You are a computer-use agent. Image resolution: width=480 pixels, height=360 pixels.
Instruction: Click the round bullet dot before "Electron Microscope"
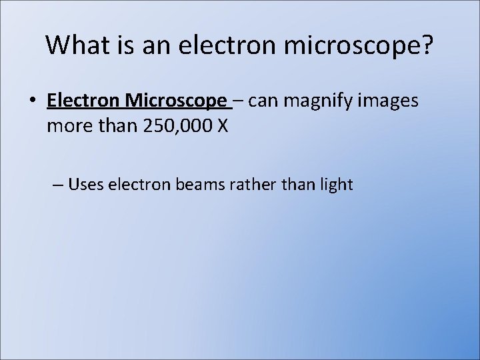click(32, 101)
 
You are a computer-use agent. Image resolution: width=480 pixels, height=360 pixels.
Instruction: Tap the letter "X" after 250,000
click(223, 126)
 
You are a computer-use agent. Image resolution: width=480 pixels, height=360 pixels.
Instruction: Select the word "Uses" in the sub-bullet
click(85, 184)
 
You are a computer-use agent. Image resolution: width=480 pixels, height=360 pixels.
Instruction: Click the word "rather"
click(255, 184)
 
